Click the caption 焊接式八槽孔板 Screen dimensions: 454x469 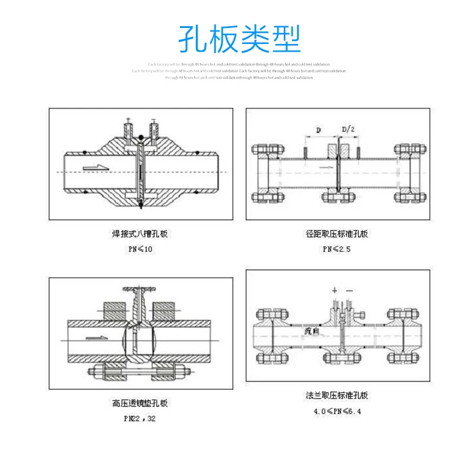click(140, 234)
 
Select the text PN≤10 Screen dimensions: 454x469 click(140, 249)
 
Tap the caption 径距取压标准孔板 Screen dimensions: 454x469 click(337, 234)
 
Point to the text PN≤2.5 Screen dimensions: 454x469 click(337, 249)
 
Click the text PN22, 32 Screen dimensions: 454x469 click(140, 418)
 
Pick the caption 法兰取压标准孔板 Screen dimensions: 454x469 click(337, 395)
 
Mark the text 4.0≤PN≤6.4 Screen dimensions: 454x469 click(337, 411)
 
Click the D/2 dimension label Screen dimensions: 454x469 click(348, 130)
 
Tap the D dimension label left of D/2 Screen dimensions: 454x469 click(318, 130)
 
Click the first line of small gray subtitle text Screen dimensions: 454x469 click(239, 64)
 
